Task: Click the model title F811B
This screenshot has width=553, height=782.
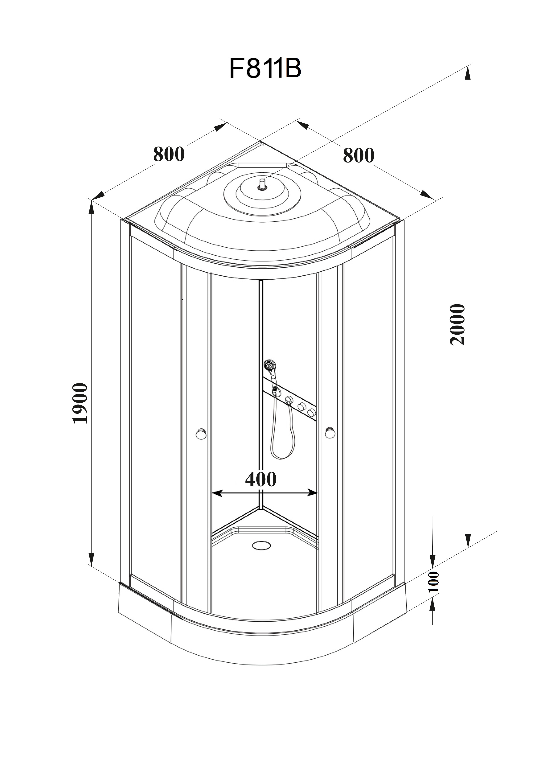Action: [265, 68]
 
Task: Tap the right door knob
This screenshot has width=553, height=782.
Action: [330, 432]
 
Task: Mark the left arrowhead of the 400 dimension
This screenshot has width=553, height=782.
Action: [217, 493]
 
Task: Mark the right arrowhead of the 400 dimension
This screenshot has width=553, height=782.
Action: [312, 492]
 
